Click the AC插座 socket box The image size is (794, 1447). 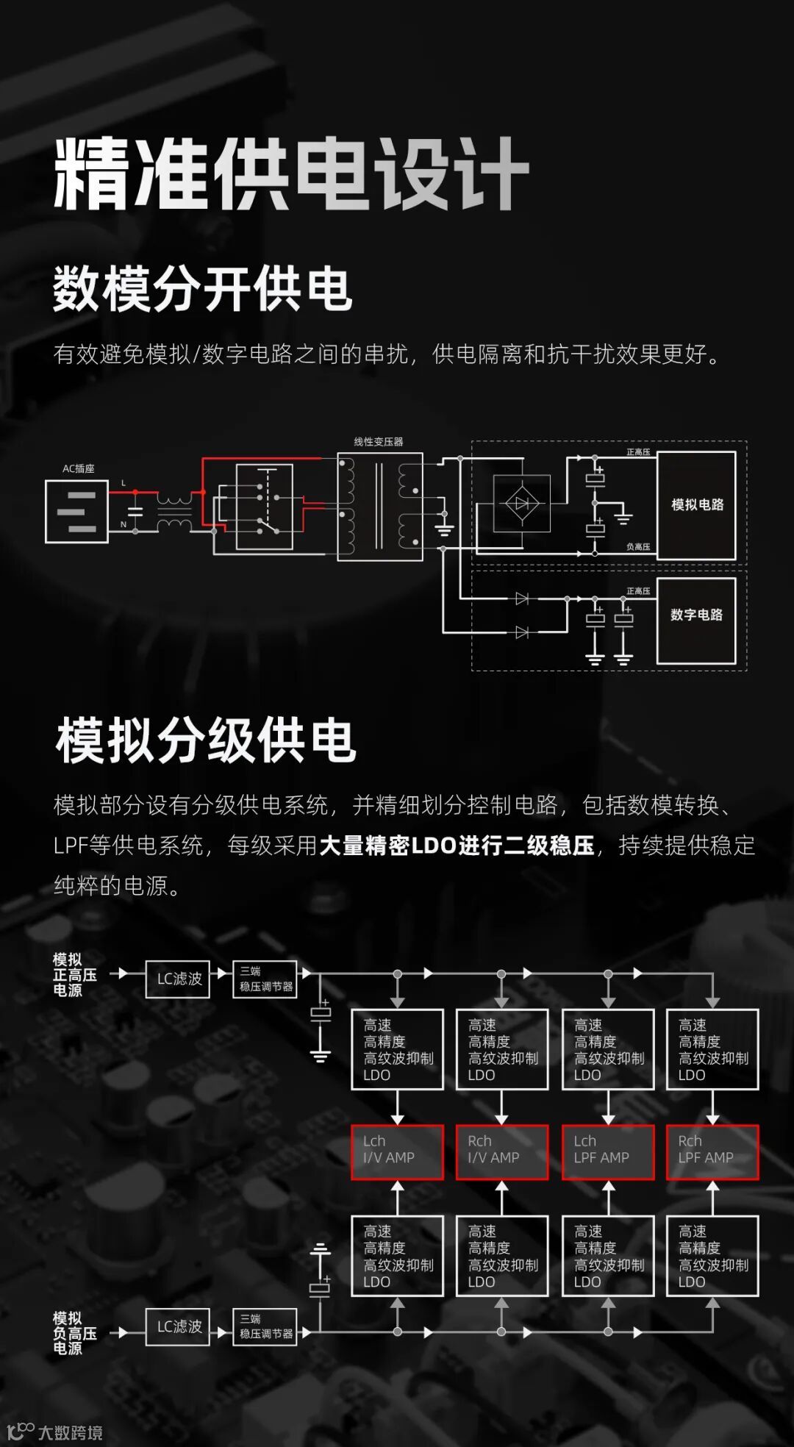tap(76, 512)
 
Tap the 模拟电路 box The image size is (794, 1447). tap(696, 505)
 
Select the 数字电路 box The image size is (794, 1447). tap(696, 621)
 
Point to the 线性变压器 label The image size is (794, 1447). tap(379, 442)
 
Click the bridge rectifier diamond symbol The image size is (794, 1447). tap(521, 504)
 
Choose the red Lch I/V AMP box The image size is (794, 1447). tap(397, 1152)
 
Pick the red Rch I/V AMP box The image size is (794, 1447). tap(502, 1152)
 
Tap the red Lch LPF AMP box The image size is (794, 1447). tap(608, 1152)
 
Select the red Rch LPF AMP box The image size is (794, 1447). tap(712, 1152)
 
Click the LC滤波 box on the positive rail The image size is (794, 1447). tap(178, 979)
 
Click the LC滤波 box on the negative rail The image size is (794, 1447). tap(178, 1326)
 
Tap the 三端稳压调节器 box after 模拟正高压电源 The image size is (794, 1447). tap(265, 979)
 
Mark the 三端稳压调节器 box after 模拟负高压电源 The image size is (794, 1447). tap(265, 1327)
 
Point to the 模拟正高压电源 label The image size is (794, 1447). tap(74, 975)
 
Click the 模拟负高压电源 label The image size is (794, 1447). tap(74, 1333)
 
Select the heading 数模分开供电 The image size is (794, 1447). tap(202, 289)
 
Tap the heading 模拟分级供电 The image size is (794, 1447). tap(206, 740)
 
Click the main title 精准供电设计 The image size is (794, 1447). tap(291, 174)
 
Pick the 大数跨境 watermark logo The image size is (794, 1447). tap(55, 1432)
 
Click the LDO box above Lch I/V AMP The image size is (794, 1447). tap(397, 1049)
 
